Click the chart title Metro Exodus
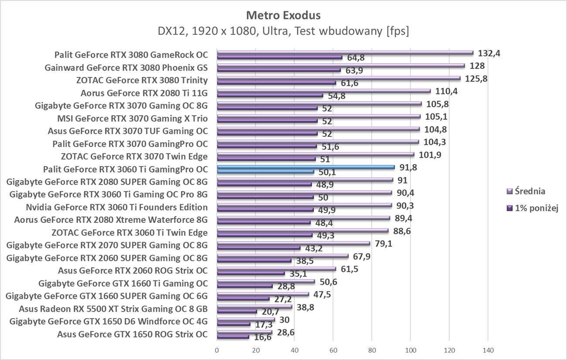coord(283,16)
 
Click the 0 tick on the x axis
coord(217,350)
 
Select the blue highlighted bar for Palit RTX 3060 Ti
coord(305,167)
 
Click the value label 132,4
coord(489,53)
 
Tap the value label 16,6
coord(261,337)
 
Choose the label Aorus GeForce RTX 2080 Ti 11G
coord(144,93)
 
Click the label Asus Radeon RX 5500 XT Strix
coord(113,309)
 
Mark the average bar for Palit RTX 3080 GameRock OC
coord(345,53)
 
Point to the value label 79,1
coord(383,243)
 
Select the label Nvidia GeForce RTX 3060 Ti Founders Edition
coord(116,207)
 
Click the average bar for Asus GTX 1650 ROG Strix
coord(244,333)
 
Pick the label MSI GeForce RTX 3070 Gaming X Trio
coord(133,118)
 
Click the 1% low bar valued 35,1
coord(251,273)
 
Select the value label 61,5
coord(349,269)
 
